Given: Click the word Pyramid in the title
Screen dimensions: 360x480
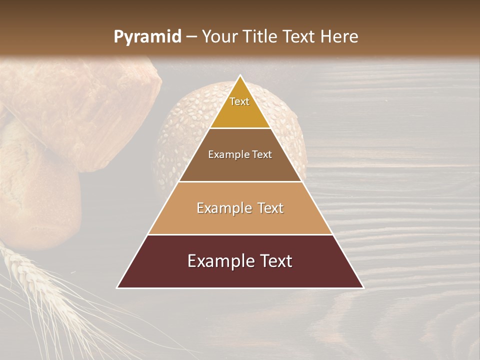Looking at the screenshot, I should pos(147,37).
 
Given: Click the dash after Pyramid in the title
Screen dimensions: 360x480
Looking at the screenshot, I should pos(191,37).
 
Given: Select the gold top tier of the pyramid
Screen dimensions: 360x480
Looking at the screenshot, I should pos(240,112).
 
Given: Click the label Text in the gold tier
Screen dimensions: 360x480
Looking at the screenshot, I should pos(239,101).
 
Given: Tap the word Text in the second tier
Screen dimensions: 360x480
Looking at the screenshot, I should pos(262,154).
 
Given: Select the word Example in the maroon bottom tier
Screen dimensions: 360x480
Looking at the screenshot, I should pos(220,261).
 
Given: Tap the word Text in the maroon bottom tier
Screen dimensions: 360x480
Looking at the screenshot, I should pos(274,261).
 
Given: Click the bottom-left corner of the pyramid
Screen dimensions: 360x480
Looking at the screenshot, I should pos(117,287).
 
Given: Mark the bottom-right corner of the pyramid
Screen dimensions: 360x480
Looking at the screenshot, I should pos(363,287).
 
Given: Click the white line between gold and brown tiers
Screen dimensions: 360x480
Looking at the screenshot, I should pos(240,128).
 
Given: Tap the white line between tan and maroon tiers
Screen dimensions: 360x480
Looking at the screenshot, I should pos(240,234).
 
